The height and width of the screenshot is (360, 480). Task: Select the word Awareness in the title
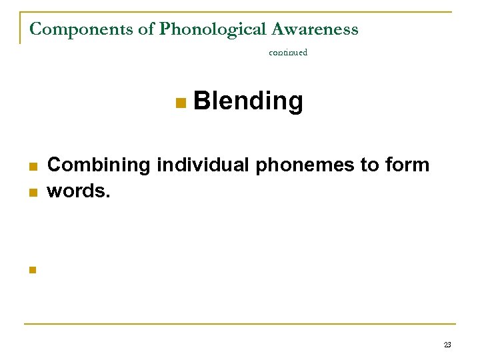tap(315, 29)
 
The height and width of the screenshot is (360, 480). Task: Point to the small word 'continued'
tap(288, 52)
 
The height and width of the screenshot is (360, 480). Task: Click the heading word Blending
tap(247, 102)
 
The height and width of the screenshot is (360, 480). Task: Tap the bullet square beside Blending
tap(179, 103)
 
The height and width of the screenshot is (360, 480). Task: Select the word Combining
tap(100, 165)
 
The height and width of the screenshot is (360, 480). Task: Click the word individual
tap(204, 165)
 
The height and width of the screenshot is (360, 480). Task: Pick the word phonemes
tap(306, 165)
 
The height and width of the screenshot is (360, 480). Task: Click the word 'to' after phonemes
tap(371, 165)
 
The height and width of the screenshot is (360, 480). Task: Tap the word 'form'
tap(408, 165)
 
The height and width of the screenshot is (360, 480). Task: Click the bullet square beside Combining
tap(31, 167)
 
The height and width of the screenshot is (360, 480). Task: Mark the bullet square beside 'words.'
tap(31, 193)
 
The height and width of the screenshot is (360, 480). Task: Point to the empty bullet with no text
tap(31, 270)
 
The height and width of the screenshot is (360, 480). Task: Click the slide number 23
tap(447, 345)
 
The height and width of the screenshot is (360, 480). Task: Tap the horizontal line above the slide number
tap(240, 324)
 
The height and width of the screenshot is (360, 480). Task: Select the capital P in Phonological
tap(165, 29)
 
